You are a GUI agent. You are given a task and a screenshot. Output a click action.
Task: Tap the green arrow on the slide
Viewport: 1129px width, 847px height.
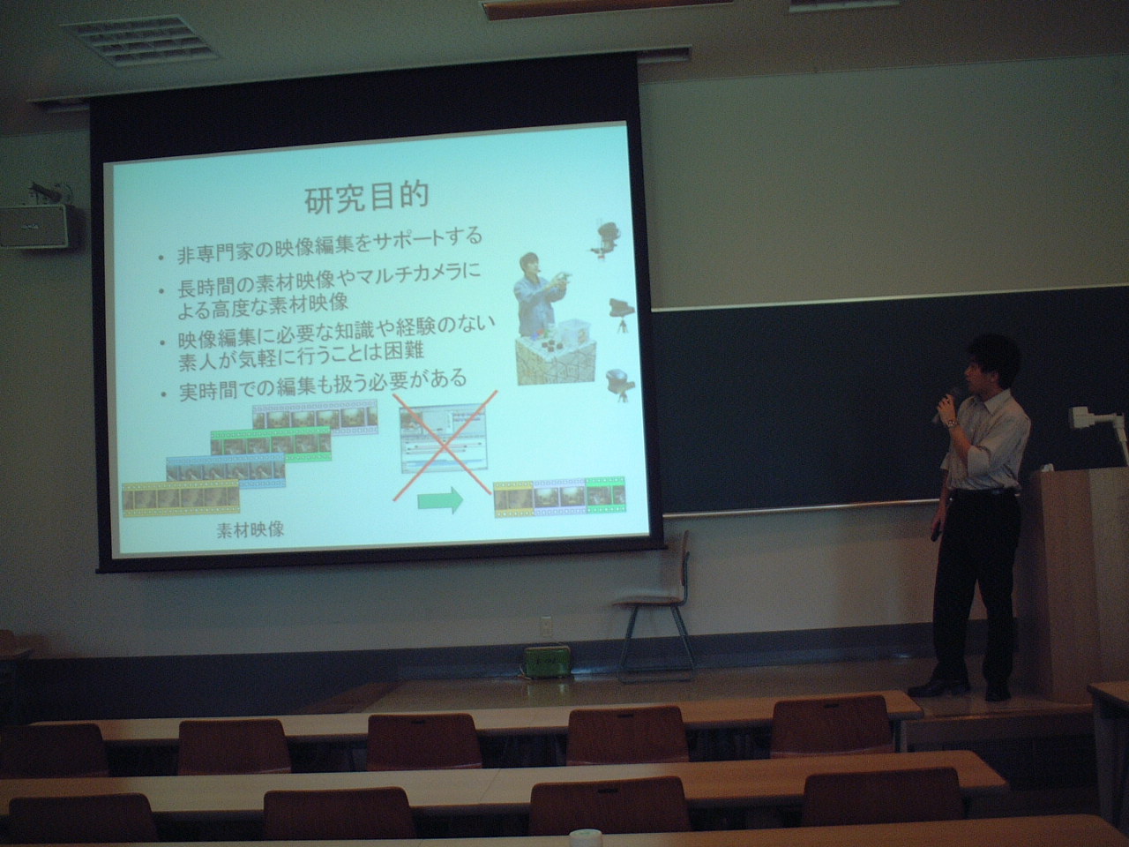(x=440, y=500)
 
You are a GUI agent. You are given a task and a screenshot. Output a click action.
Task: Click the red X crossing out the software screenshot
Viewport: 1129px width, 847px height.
(x=445, y=446)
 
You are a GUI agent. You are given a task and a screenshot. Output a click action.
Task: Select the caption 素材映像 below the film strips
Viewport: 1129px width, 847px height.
(x=250, y=529)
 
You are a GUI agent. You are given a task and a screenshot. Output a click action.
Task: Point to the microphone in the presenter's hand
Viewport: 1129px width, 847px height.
(x=945, y=404)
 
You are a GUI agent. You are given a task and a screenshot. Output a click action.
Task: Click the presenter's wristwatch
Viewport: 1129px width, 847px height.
(x=953, y=423)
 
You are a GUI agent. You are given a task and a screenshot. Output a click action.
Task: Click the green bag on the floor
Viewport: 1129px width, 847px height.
(x=547, y=663)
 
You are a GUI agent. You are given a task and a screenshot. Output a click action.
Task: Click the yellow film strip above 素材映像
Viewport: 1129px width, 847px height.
(x=181, y=498)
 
